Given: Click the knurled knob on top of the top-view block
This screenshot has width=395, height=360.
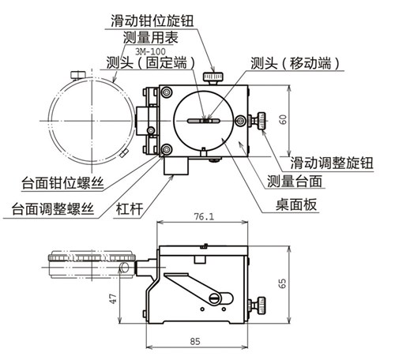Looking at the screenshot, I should (x=211, y=77).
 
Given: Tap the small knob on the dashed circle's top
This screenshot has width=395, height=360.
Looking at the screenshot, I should (x=78, y=74).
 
